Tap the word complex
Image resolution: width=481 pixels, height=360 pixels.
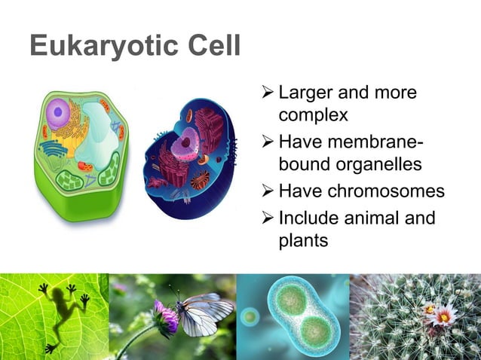[x=313, y=117]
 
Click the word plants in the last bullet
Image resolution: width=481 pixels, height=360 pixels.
[x=303, y=241]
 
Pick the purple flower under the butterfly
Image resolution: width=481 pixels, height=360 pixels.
[x=165, y=316]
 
